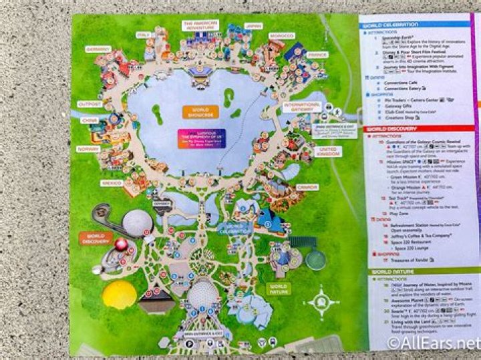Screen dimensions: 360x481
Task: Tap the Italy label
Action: (142, 34)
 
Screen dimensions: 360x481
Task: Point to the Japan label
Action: (253, 27)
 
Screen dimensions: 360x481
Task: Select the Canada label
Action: (307, 187)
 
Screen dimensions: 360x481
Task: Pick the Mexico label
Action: (111, 182)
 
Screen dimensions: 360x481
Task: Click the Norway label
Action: (89, 149)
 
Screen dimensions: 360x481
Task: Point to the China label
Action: (90, 120)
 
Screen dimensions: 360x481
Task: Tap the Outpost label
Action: (90, 104)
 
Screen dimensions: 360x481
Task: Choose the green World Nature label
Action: (278, 288)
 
